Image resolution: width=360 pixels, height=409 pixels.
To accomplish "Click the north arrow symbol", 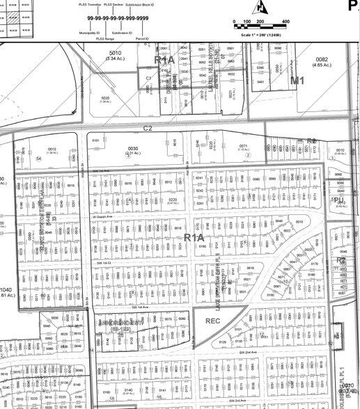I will click(x=262, y=7).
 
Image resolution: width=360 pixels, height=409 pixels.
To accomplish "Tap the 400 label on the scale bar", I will click(x=286, y=22).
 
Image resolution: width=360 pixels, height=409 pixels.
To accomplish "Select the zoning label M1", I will click(x=298, y=81).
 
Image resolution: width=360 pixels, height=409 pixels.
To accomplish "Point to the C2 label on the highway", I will click(x=148, y=129).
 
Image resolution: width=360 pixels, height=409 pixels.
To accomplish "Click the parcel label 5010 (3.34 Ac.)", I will click(x=115, y=56).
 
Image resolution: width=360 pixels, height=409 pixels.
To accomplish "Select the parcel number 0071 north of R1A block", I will click(x=244, y=147).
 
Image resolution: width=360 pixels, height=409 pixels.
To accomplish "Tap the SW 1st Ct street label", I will click(x=104, y=263).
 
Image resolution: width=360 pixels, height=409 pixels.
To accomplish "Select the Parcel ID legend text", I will click(x=143, y=39).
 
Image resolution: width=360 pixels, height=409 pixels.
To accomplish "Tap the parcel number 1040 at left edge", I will click(x=7, y=289).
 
